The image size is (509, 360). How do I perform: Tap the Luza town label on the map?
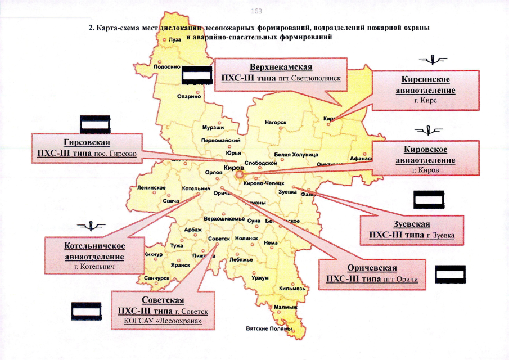pyautogui.click(x=174, y=40)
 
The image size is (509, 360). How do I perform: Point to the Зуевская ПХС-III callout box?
pyautogui.click(x=416, y=229)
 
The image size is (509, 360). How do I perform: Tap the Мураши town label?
pyautogui.click(x=211, y=128)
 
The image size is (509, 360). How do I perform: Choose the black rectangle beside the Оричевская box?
pyautogui.click(x=453, y=273)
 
